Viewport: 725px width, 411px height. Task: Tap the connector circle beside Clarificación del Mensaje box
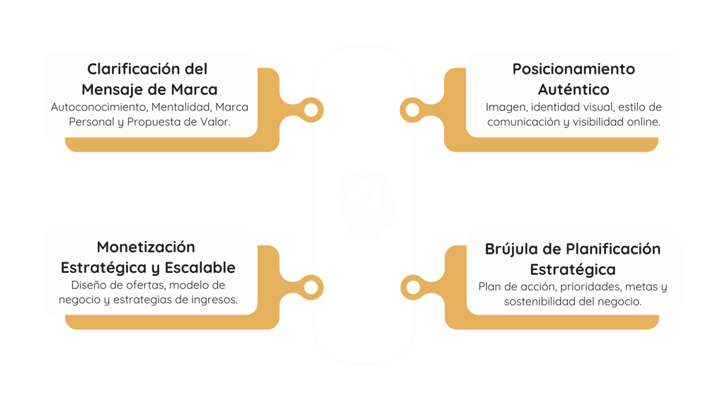pos(311,109)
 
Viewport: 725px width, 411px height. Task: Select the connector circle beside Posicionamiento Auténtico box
pos(411,109)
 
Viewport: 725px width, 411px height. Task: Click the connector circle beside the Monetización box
pos(311,286)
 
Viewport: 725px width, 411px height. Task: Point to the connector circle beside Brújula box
pos(411,286)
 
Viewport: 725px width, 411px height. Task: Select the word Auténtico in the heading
pos(573,90)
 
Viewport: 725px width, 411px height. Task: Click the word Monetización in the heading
pos(146,247)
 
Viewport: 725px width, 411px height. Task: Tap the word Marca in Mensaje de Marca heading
pos(194,90)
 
